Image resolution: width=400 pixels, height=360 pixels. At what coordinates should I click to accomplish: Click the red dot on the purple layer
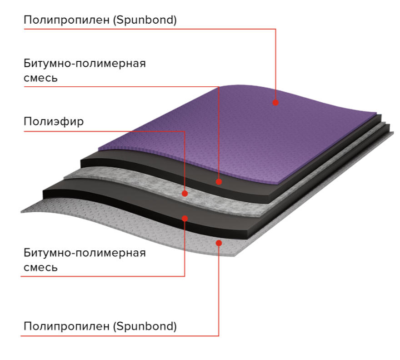(275, 103)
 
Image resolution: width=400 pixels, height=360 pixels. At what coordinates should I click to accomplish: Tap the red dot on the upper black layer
(219, 182)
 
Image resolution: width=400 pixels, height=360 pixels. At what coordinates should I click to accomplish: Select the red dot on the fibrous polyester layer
(185, 193)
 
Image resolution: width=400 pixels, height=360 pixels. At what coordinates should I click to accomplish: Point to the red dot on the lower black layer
(185, 218)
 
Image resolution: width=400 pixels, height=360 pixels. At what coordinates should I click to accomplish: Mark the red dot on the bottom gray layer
(219, 243)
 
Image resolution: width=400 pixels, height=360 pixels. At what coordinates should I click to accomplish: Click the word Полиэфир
(54, 122)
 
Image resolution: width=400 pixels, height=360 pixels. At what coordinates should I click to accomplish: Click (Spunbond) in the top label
(145, 20)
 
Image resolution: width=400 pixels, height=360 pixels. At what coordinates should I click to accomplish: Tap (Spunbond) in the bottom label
(145, 326)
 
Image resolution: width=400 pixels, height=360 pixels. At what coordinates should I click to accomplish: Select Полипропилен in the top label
(66, 20)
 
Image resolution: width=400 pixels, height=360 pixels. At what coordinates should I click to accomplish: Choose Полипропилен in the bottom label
(66, 326)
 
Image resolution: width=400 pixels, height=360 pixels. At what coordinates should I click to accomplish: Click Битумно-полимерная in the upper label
(85, 63)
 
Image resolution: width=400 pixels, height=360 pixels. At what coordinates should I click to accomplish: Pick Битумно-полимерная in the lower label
(85, 253)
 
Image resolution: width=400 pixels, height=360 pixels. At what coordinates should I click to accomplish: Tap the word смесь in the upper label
(40, 78)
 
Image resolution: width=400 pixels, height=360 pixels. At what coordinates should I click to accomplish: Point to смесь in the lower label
(40, 268)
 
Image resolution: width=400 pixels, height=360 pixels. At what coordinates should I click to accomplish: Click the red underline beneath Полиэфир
(105, 131)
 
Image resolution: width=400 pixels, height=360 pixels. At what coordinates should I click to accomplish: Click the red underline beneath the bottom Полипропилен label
(120, 336)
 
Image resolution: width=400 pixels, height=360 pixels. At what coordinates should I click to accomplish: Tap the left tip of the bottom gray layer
(21, 212)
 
